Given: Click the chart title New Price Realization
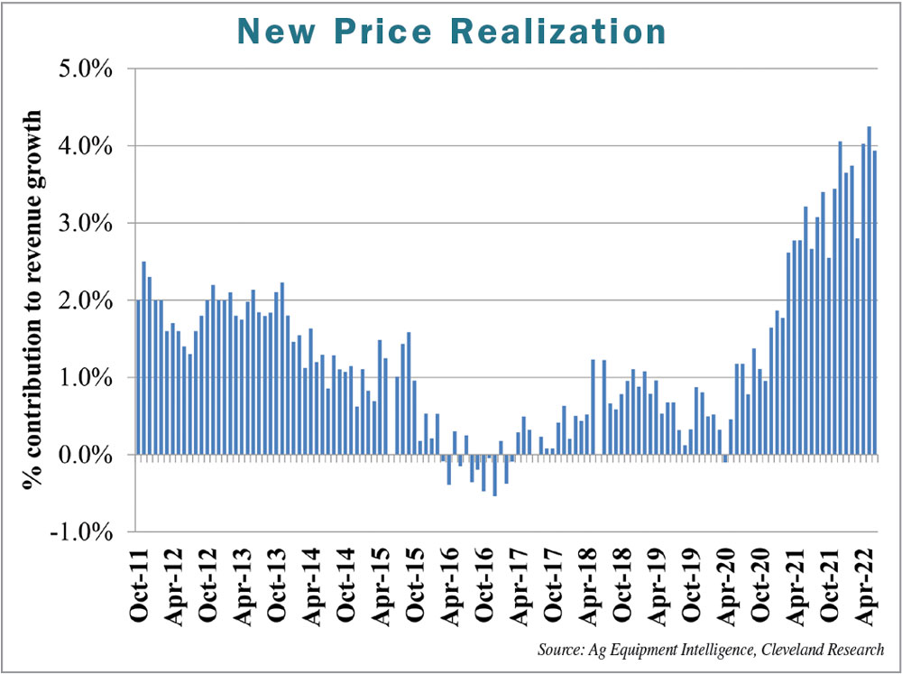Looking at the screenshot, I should pyautogui.click(x=451, y=32).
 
